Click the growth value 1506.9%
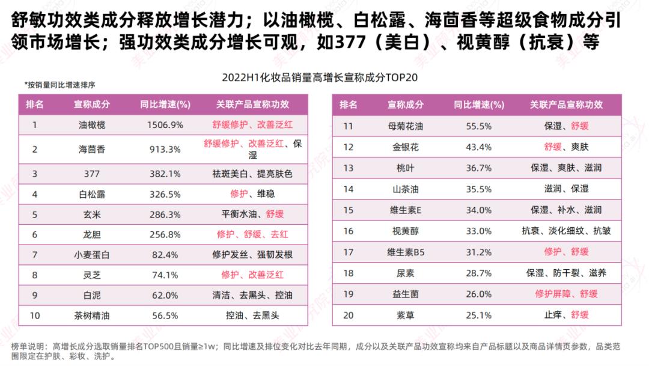(165, 125)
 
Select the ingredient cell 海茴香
(92, 149)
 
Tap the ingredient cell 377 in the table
(92, 174)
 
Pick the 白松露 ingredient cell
(92, 194)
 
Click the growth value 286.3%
(165, 214)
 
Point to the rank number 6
(35, 234)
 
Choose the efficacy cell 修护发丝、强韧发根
(252, 255)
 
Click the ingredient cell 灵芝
(92, 275)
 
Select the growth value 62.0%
(165, 295)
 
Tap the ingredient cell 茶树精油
(92, 316)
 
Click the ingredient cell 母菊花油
(406, 126)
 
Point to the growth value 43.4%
(478, 147)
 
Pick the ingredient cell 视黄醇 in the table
(406, 231)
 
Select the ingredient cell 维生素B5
(406, 252)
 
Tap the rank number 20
(348, 314)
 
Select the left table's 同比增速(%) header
(165, 104)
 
